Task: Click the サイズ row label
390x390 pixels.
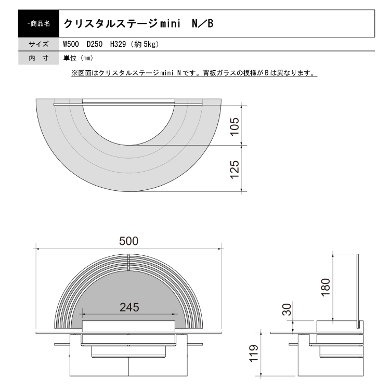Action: click(38, 44)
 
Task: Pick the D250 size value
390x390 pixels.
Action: click(95, 44)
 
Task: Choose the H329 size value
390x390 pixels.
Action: click(119, 44)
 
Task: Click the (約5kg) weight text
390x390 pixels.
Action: click(145, 44)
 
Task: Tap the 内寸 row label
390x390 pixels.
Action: click(38, 58)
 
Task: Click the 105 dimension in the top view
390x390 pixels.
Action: click(235, 125)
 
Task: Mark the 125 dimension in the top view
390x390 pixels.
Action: click(235, 168)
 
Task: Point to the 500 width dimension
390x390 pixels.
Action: click(128, 240)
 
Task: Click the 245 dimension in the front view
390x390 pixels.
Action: click(128, 307)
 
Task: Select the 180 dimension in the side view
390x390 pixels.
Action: click(326, 287)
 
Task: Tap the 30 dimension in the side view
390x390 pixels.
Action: click(287, 311)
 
